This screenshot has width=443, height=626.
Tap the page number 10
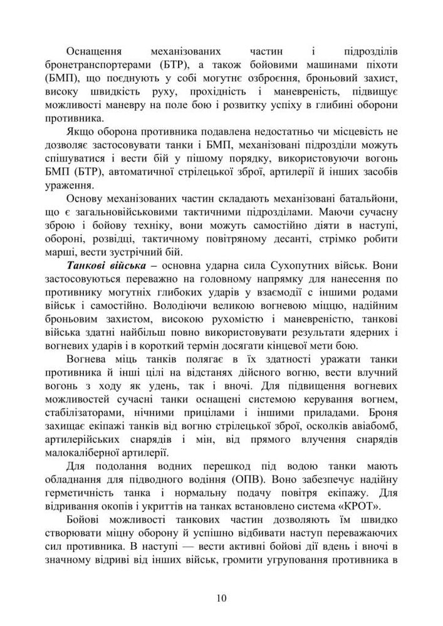[221, 598]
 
